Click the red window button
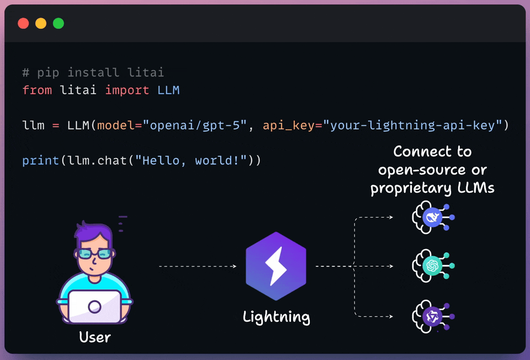click(x=23, y=23)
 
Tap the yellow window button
click(x=41, y=23)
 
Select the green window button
click(x=59, y=23)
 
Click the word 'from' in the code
click(x=37, y=90)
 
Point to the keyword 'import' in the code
click(x=127, y=90)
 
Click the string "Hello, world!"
click(x=194, y=161)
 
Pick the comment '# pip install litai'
click(x=93, y=72)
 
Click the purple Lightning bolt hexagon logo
click(x=275, y=267)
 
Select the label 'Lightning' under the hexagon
click(x=276, y=317)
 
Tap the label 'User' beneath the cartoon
click(x=95, y=337)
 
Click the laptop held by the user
click(x=94, y=306)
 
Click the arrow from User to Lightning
click(x=198, y=267)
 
